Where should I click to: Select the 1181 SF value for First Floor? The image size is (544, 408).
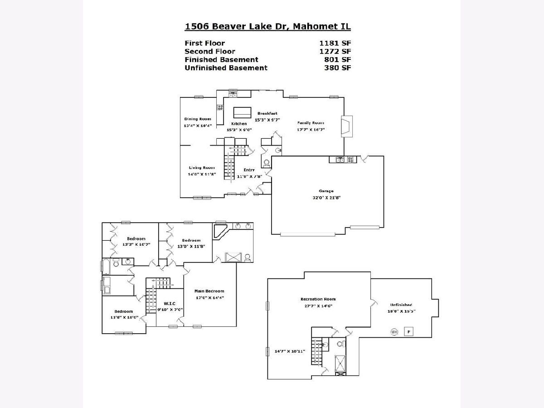click(335, 44)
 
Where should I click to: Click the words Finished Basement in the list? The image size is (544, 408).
click(221, 60)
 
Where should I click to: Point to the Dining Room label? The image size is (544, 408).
click(198, 119)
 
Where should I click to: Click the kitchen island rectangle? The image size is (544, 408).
click(242, 112)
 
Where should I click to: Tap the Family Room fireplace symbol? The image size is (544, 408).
click(347, 126)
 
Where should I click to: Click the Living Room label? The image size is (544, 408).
click(202, 168)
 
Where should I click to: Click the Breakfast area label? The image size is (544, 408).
click(267, 113)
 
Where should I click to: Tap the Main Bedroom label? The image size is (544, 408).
click(209, 291)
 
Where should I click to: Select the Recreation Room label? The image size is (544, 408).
click(318, 299)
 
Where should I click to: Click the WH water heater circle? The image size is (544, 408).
click(394, 332)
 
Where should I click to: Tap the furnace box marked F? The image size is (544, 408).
click(408, 331)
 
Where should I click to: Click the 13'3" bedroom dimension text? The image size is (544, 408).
click(136, 244)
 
